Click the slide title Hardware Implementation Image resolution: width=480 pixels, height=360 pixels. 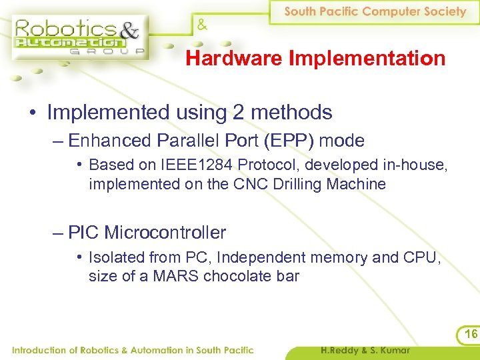[315, 59]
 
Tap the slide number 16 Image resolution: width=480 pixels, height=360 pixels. [471, 334]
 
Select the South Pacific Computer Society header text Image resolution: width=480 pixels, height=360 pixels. [375, 11]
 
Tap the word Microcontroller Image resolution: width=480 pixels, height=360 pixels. [165, 233]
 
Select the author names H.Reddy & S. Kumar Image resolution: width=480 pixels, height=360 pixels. [365, 350]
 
